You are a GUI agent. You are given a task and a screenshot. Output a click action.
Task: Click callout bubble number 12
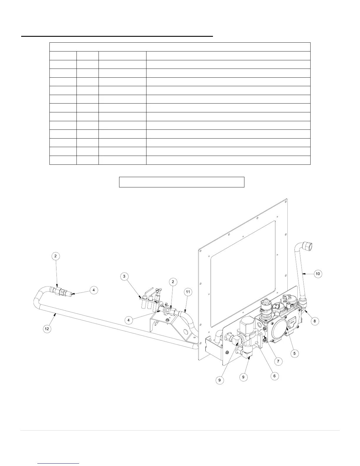tap(47, 329)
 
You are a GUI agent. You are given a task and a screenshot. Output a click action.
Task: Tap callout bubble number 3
tap(124, 276)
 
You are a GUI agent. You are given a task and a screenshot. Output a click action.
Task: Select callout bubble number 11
tap(188, 292)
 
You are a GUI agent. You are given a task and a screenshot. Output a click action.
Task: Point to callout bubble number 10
tap(318, 274)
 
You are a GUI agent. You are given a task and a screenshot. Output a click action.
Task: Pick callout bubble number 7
tap(279, 361)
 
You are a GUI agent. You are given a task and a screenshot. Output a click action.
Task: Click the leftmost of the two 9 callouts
tap(219, 380)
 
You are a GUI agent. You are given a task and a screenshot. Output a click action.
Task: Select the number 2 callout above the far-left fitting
tap(56, 256)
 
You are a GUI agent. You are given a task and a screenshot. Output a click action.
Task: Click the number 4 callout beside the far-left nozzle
tap(94, 290)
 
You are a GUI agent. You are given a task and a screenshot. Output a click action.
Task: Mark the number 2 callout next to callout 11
tap(173, 282)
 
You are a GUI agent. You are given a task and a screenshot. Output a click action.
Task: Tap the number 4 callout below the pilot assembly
tap(129, 320)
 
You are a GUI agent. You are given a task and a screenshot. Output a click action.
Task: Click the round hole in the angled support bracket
tap(185, 332)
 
